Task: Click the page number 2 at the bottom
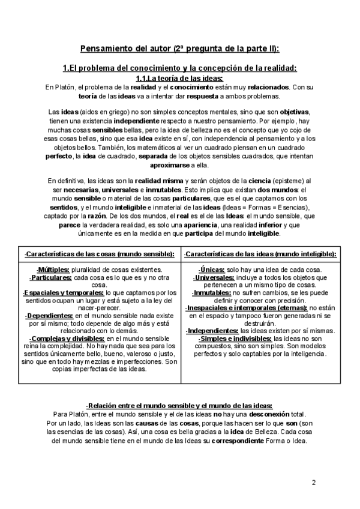pos(313,483)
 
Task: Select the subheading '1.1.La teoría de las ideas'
pos(179,79)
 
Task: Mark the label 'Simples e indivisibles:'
pos(235,339)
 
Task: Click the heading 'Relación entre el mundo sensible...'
pos(179,406)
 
